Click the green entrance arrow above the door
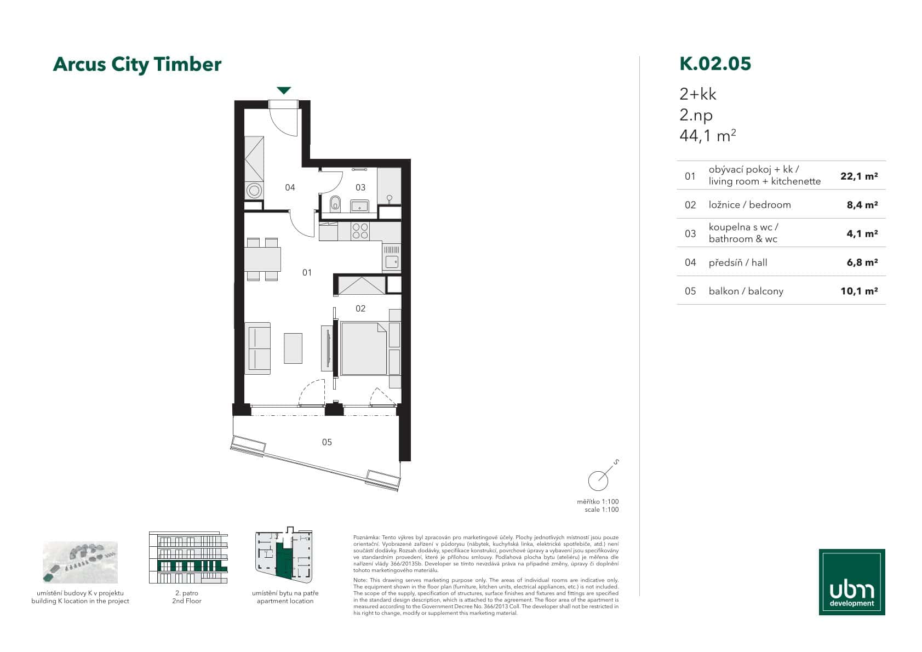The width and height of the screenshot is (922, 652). (283, 90)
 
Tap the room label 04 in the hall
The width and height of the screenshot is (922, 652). (290, 187)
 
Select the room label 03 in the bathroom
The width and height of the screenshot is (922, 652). (360, 187)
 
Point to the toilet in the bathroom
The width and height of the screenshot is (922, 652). (336, 203)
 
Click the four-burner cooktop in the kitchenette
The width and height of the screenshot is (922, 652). (360, 231)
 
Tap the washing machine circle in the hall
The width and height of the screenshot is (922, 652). (254, 191)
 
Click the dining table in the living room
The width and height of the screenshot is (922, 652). (262, 259)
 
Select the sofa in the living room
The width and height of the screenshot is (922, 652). (257, 348)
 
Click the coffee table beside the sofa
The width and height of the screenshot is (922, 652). (293, 348)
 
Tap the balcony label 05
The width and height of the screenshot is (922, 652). (327, 442)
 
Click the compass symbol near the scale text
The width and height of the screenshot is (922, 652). (598, 481)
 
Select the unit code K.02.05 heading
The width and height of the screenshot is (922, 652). (715, 64)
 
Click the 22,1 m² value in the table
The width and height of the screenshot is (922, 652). (859, 176)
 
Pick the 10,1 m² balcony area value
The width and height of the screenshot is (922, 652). (859, 291)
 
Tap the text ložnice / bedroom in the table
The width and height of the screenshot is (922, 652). (749, 205)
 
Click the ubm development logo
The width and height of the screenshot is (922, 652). (851, 582)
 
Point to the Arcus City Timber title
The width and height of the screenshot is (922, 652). (137, 64)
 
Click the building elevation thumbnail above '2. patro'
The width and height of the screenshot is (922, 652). (188, 558)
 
